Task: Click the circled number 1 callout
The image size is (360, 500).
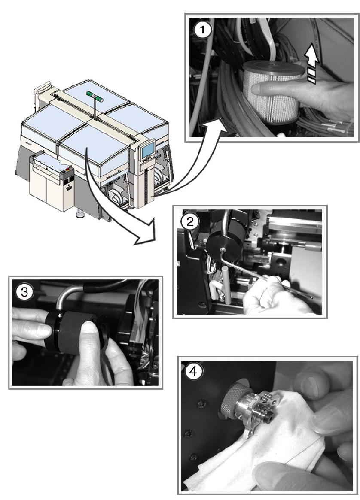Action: click(x=202, y=31)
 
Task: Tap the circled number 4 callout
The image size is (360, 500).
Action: click(x=194, y=372)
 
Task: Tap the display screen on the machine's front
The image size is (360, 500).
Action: click(x=147, y=149)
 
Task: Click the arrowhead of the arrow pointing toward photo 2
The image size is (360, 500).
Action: click(x=145, y=234)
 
